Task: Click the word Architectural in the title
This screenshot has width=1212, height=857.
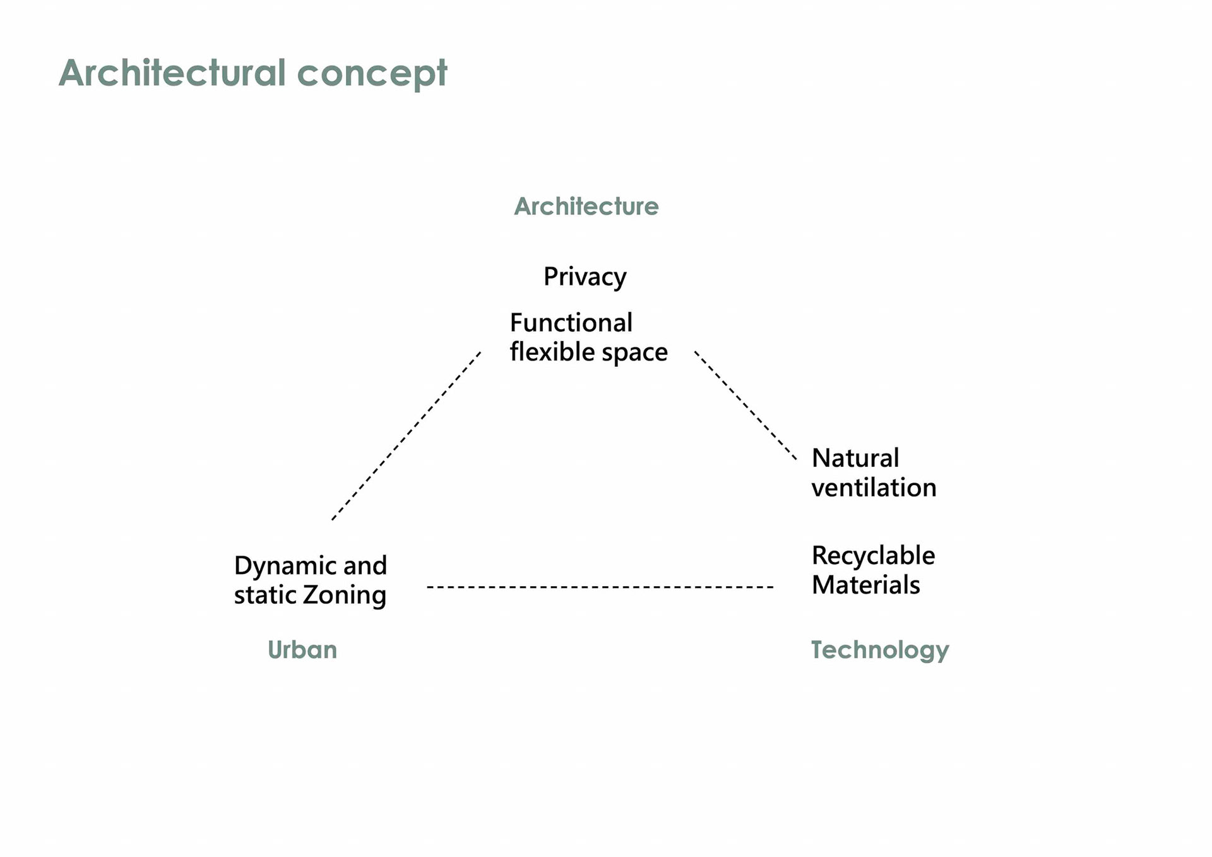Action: [x=172, y=73]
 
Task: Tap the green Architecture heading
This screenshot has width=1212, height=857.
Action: [x=586, y=207]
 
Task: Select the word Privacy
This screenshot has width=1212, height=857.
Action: [x=585, y=277]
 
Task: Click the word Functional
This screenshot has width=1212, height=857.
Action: [x=571, y=323]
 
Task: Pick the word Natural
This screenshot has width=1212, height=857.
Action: [x=855, y=458]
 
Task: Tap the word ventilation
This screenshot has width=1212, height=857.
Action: [x=874, y=488]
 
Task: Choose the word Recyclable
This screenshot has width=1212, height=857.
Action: [x=873, y=556]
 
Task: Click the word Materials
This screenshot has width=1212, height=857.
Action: [x=865, y=585]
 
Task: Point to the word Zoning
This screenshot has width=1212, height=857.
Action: [x=345, y=596]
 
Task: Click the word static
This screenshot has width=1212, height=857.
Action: [x=265, y=596]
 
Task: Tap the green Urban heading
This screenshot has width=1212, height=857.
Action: [x=302, y=650]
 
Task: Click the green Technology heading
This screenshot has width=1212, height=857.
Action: [x=879, y=650]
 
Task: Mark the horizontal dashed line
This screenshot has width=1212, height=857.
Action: [x=600, y=587]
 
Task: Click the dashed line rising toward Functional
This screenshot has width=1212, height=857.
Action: [x=406, y=436]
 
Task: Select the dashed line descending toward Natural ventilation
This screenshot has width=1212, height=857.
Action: [x=745, y=405]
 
